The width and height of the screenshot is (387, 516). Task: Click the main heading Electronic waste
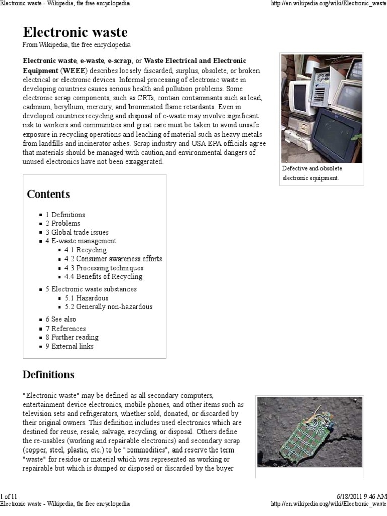[x=75, y=33]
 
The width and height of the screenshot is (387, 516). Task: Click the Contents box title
[x=48, y=194]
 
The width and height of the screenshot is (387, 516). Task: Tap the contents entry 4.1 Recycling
[x=85, y=250]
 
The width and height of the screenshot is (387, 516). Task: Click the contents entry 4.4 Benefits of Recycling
[x=103, y=276]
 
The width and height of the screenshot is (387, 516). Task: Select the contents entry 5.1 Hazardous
[x=86, y=298]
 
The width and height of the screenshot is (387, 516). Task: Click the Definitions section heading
[x=48, y=375]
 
